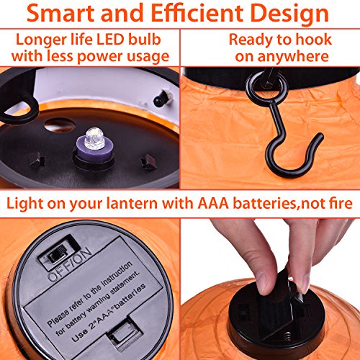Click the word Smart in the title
61,13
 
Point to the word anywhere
293,57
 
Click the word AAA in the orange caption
213,203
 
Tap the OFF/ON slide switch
58,255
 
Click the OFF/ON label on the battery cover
69,265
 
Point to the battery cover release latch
125,332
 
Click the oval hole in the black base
60,125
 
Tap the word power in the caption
100,57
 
